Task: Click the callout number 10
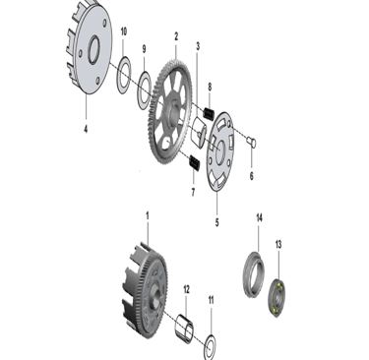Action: [123, 31]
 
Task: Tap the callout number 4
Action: [86, 129]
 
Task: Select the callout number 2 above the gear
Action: [176, 36]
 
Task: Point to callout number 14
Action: [259, 217]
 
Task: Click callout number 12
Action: [186, 289]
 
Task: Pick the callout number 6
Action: [252, 176]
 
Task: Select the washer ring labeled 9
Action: [145, 90]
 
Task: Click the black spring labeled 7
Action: [195, 162]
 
